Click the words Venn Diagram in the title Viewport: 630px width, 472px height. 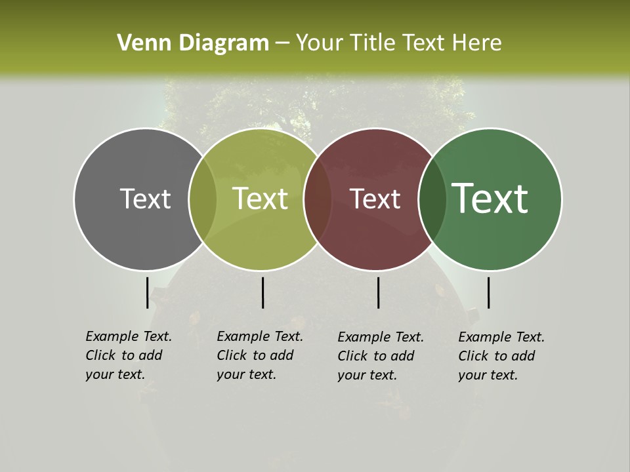[193, 43]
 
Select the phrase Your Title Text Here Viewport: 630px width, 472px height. [398, 43]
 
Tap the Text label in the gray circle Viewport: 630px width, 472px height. [145, 199]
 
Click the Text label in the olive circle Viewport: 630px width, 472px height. [261, 199]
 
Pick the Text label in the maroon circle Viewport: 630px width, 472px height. [375, 199]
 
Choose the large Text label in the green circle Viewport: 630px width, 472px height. [490, 199]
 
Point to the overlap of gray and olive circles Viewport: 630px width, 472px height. [203, 199]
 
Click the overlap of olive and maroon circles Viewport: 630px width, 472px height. [318, 199]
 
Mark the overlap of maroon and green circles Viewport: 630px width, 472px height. [432, 199]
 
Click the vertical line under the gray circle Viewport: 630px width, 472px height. [147, 292]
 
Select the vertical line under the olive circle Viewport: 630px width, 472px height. [262, 292]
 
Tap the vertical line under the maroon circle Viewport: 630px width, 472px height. [378, 292]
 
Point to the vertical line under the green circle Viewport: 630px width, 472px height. [488, 292]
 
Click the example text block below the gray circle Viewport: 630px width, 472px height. [129, 355]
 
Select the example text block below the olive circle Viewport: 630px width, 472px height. [260, 355]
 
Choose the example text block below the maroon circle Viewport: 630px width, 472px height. [381, 355]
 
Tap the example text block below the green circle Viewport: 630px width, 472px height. [501, 355]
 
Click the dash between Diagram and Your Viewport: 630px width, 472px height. [282, 44]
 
